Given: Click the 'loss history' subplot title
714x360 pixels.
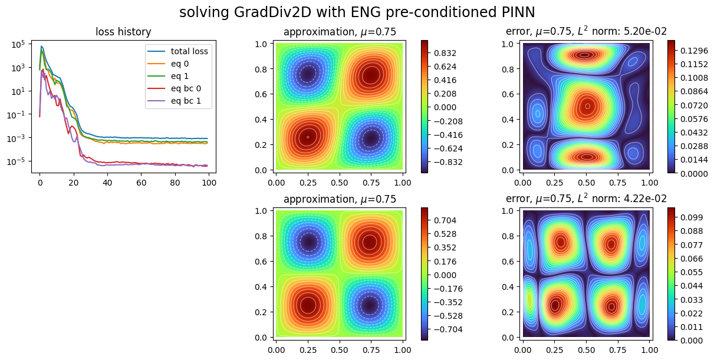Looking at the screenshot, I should (123, 33).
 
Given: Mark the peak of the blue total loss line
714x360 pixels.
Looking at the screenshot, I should (41, 47).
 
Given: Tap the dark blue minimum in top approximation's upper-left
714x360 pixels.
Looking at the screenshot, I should (307, 74).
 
